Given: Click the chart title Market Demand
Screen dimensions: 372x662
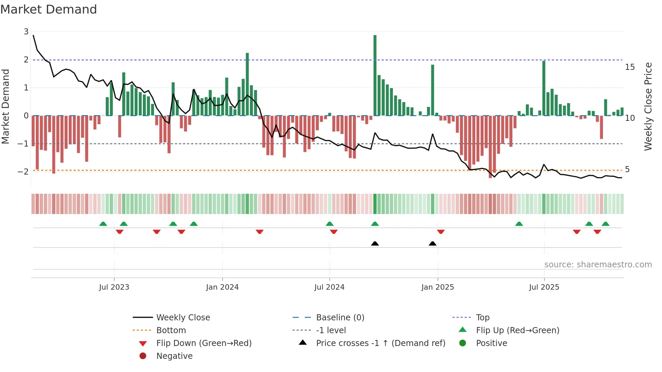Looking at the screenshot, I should (49, 9).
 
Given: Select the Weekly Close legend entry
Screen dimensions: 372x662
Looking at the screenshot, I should (183, 317).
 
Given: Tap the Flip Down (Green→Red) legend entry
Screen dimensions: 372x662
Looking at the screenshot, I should (204, 343).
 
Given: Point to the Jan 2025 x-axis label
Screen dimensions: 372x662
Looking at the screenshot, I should (437, 287).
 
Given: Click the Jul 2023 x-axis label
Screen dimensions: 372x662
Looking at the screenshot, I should (114, 287).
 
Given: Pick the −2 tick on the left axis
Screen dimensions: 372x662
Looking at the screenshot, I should (23, 171).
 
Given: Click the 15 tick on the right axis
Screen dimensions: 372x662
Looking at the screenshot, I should (630, 67).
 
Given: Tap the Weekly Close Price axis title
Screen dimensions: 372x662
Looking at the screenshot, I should (648, 106).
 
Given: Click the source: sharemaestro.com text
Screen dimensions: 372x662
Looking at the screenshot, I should (598, 265).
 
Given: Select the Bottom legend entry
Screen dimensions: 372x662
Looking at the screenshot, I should (171, 330).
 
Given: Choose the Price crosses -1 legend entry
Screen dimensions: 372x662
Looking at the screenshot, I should (380, 343).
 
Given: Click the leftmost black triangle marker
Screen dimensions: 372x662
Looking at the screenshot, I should (375, 243).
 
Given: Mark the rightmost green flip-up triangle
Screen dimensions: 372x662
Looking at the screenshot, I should (606, 224).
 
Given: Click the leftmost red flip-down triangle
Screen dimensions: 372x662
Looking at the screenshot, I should (120, 232).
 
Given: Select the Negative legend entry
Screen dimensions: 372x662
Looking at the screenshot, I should (174, 356).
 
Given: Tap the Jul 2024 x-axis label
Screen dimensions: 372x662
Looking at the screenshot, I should (329, 287).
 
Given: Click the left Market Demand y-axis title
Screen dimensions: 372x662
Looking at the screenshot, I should (6, 106).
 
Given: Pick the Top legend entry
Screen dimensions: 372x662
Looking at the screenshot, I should (482, 317).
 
